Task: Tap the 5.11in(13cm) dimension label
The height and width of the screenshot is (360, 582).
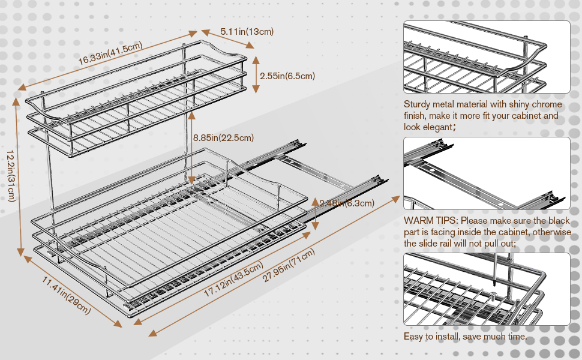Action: (247, 31)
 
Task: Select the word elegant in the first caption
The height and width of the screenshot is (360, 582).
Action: (436, 127)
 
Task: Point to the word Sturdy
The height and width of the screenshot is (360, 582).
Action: (418, 104)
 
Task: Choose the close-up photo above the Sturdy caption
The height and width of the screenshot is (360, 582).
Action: (487, 57)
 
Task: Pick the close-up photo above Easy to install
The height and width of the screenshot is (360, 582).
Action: (487, 289)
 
